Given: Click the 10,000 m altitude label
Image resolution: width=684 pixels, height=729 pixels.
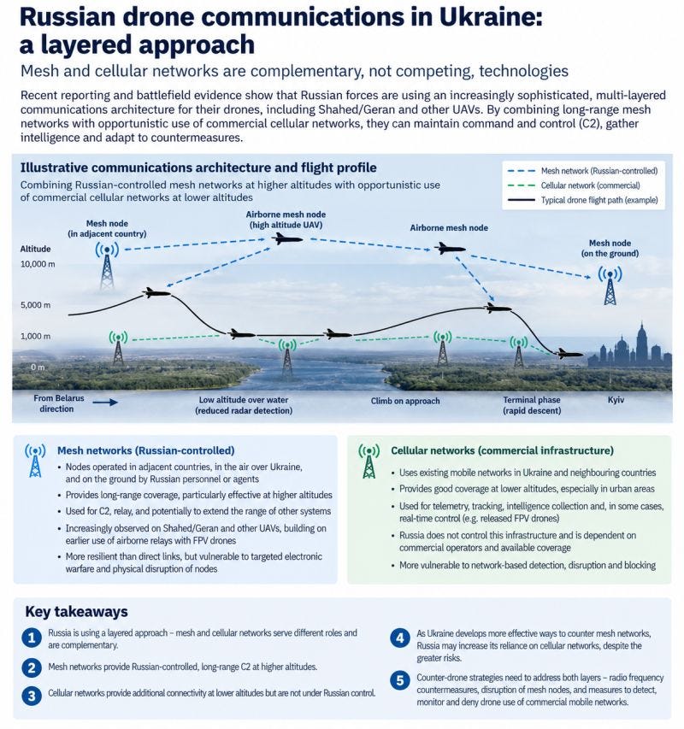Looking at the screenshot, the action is tap(38, 264).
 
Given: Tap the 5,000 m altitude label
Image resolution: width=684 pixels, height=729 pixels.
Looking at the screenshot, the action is tap(35, 305).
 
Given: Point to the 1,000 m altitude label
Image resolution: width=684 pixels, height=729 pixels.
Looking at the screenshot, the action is tap(35, 336).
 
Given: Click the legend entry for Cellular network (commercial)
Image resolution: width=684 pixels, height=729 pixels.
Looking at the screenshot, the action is tap(575, 185).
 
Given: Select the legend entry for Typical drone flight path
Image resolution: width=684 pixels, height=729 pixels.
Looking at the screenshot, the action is tap(583, 200).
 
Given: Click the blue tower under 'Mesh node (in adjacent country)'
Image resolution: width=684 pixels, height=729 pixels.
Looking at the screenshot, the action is tap(107, 266).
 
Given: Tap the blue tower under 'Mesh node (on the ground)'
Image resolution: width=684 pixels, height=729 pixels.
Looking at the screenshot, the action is tap(610, 285).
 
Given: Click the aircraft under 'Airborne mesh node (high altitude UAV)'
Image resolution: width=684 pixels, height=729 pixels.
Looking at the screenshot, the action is tap(287, 239).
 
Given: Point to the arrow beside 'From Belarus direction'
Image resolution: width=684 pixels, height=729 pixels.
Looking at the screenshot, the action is tap(105, 403).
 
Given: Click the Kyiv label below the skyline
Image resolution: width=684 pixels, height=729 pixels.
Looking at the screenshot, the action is tap(616, 400).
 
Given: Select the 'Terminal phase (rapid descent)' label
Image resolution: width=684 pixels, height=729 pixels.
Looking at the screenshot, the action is tap(532, 405).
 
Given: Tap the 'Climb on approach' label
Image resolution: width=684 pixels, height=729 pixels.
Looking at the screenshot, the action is tap(405, 401).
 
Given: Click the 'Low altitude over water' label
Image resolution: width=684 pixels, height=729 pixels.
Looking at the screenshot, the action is tap(244, 400).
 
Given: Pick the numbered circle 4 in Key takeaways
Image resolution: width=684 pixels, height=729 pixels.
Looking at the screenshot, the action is tap(399, 638).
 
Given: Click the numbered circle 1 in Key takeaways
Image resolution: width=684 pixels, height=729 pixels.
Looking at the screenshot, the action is tap(32, 638).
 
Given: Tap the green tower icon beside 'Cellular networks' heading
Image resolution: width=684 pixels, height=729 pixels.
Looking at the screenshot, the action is tap(369, 462).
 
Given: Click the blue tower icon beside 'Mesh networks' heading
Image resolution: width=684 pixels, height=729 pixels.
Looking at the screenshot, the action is tap(35, 461).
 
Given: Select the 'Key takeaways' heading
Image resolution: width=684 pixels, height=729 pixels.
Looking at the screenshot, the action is tap(76, 611).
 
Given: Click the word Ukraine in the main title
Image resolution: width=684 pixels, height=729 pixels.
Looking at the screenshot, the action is tap(491, 17).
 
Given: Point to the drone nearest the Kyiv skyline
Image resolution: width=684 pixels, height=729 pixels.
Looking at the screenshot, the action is tap(569, 354).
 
